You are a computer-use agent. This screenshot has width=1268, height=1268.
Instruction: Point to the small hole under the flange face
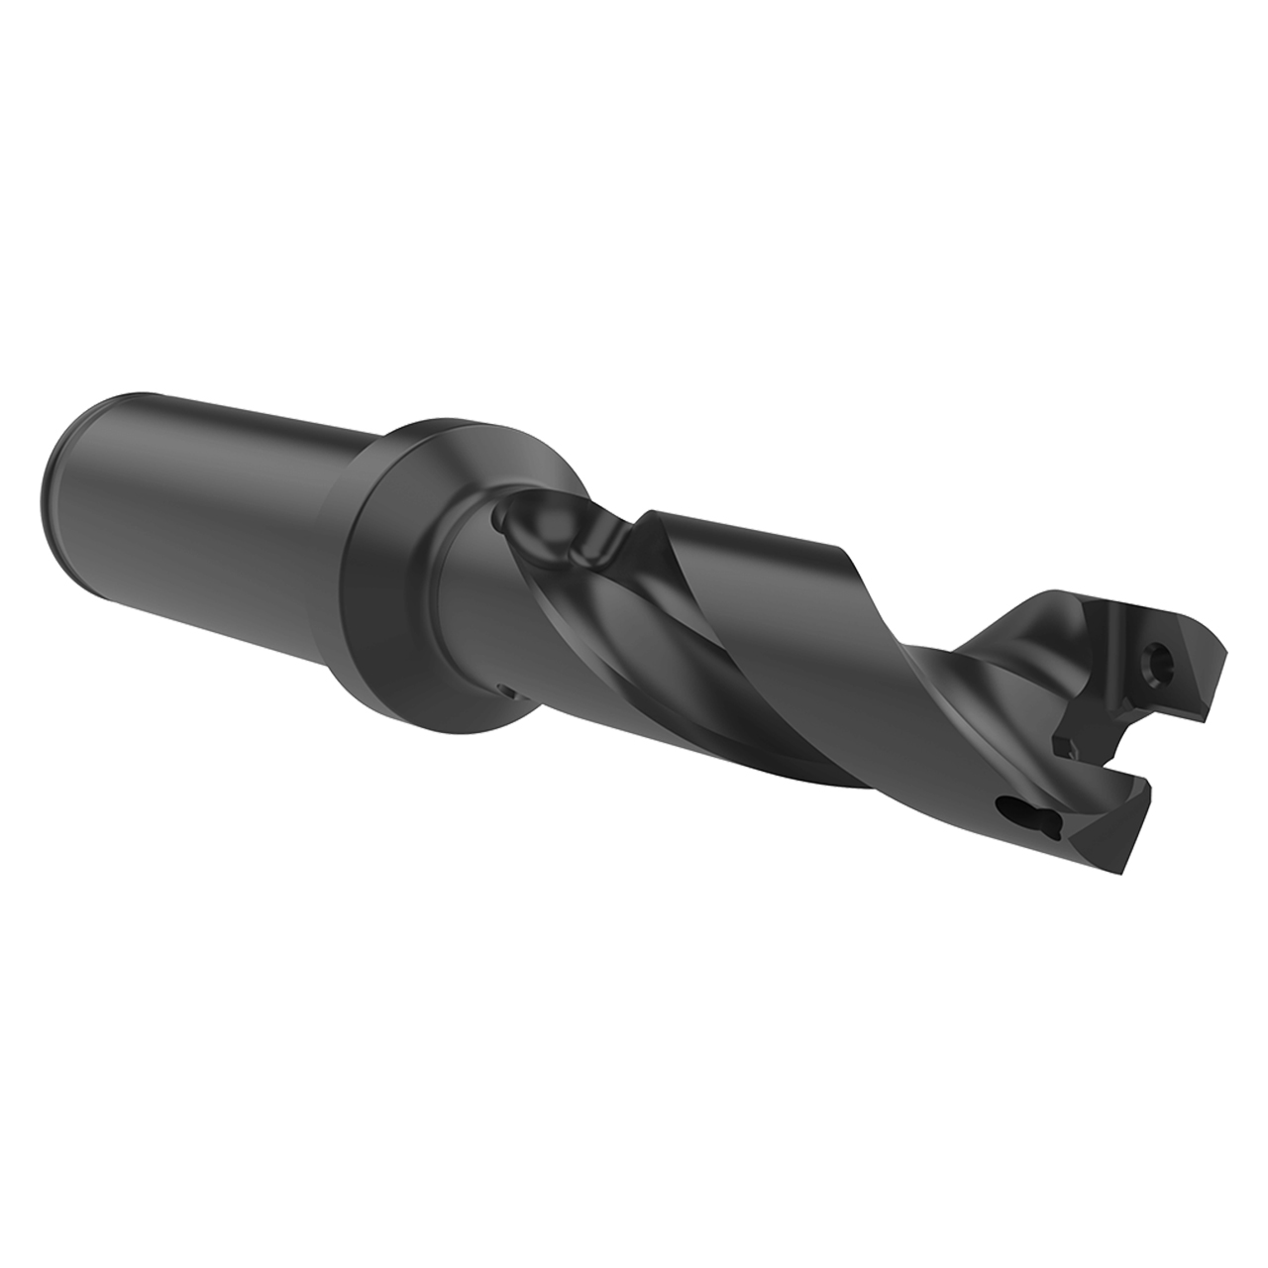504,689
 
